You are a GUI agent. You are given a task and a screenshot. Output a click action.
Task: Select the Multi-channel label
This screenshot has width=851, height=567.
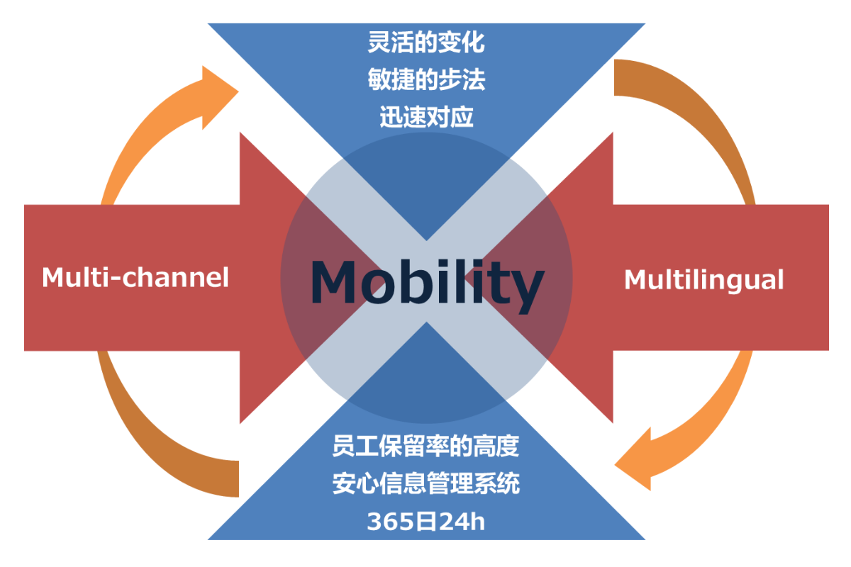pyautogui.click(x=135, y=277)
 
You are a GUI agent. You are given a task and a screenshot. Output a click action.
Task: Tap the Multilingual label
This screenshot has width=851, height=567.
pyautogui.click(x=704, y=280)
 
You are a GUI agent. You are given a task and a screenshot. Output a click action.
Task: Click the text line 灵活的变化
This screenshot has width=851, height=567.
pyautogui.click(x=426, y=42)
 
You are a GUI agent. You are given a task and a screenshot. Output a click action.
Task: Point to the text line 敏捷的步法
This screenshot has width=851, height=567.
pyautogui.click(x=426, y=79)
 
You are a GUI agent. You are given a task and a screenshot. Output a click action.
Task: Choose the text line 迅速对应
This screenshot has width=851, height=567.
pyautogui.click(x=426, y=116)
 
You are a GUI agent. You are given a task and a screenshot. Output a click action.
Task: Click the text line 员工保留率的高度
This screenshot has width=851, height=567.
pyautogui.click(x=426, y=446)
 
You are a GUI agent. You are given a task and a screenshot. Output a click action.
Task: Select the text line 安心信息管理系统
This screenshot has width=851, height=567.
pyautogui.click(x=426, y=483)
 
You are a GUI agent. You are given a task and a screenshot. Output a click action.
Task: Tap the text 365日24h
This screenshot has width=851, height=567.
pyautogui.click(x=426, y=521)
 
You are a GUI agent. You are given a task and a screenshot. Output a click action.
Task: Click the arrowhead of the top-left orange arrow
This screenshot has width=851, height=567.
pyautogui.click(x=221, y=97)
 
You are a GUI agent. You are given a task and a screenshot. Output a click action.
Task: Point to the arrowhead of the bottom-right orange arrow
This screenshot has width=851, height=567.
pyautogui.click(x=633, y=459)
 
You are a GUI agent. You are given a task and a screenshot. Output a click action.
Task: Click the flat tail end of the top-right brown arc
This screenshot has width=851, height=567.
pyautogui.click(x=614, y=77)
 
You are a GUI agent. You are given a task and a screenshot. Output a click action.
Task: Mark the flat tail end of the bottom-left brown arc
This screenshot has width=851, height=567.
pyautogui.click(x=238, y=478)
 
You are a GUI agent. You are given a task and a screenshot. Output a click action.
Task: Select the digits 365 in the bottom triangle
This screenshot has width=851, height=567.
pyautogui.click(x=391, y=522)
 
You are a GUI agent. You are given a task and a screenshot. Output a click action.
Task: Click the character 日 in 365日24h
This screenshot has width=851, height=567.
pyautogui.click(x=426, y=521)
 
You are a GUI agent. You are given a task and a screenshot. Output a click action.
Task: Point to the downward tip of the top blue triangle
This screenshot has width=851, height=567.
pyautogui.click(x=426, y=240)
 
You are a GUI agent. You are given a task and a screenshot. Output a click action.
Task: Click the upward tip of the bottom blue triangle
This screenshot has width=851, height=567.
pyautogui.click(x=426, y=322)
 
